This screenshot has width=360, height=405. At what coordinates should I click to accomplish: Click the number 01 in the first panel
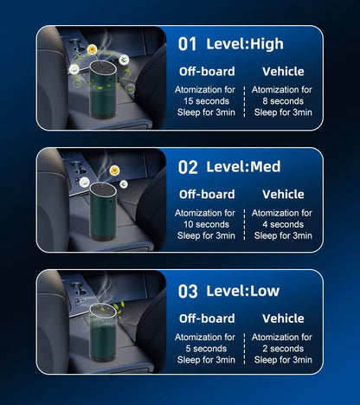point(187,44)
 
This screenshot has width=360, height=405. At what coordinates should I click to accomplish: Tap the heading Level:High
point(245,44)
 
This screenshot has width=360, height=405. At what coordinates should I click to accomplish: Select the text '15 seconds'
point(206,101)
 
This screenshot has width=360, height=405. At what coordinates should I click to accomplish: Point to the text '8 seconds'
point(283,101)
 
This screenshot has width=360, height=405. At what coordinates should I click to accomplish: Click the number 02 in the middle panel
point(188,167)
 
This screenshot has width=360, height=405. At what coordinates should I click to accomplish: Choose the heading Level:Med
point(243,166)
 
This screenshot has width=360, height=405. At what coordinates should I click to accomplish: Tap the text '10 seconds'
point(206,224)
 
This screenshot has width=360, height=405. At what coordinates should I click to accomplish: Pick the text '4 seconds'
point(283,224)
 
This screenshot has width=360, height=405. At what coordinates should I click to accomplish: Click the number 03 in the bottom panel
point(188,292)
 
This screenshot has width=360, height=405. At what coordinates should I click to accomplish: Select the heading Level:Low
point(243,291)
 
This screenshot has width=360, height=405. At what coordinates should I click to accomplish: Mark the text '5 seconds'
point(206,349)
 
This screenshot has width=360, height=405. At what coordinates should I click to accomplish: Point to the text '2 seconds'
point(283,349)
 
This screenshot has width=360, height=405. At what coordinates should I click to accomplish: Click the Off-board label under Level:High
point(207,71)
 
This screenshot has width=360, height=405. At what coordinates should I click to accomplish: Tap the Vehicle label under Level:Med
point(283,194)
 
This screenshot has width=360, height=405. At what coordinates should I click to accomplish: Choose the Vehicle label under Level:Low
point(283,318)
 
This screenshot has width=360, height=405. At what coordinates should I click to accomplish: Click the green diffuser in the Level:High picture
point(103,90)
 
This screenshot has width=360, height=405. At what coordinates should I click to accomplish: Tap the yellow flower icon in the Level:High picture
point(92,49)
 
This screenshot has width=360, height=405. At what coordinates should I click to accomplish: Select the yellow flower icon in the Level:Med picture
point(114,170)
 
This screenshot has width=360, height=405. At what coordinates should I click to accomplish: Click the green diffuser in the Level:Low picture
point(103,332)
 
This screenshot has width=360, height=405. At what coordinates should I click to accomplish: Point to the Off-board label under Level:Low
point(207,318)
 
